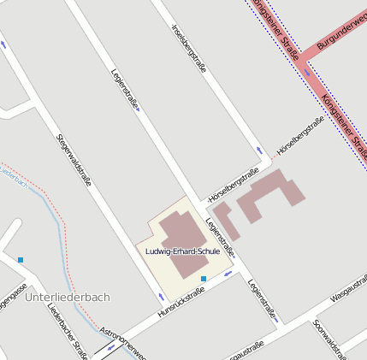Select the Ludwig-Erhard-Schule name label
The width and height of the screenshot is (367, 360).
point(183,251)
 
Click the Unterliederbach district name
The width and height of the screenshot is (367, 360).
point(68,297)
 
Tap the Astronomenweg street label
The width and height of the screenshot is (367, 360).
point(123,340)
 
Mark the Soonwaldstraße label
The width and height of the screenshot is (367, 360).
point(329,336)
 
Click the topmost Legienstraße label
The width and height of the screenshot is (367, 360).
point(126,90)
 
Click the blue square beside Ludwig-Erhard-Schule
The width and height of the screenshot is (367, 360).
point(203,279)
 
